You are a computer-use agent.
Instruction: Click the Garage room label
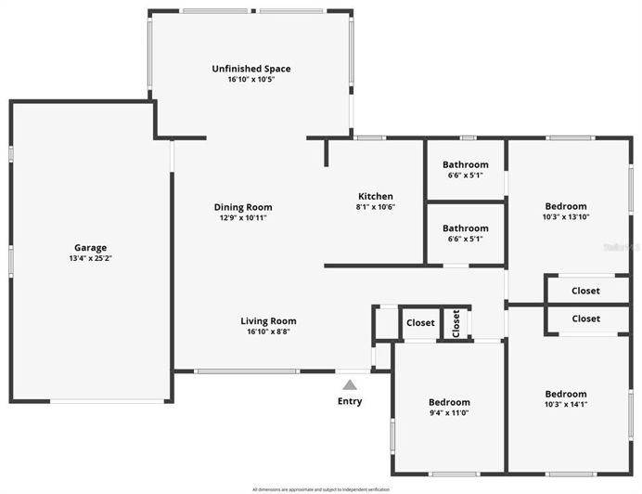(90, 247)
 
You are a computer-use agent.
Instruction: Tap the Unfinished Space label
(250, 69)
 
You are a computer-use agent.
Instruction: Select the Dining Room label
(243, 207)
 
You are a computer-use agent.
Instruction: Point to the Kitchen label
(376, 196)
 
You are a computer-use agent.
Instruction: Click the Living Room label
(268, 321)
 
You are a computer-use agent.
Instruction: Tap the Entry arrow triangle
(350, 383)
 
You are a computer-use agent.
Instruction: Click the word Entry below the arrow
(350, 401)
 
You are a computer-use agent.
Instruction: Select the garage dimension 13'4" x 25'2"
(90, 258)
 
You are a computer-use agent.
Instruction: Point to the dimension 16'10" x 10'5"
(250, 80)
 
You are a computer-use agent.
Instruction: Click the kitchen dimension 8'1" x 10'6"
(376, 207)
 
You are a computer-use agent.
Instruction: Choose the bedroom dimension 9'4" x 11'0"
(449, 413)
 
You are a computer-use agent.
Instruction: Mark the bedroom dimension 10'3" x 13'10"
(565, 216)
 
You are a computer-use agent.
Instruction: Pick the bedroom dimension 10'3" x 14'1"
(565, 404)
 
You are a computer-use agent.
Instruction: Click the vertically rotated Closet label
(456, 323)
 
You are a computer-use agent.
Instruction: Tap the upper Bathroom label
(465, 164)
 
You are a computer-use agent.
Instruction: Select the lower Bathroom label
(465, 227)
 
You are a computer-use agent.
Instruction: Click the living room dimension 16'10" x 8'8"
(268, 331)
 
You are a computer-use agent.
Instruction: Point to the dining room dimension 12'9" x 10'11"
(243, 218)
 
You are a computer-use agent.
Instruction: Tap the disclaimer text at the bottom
(321, 489)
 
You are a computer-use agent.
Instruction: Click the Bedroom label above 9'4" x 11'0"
(449, 402)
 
